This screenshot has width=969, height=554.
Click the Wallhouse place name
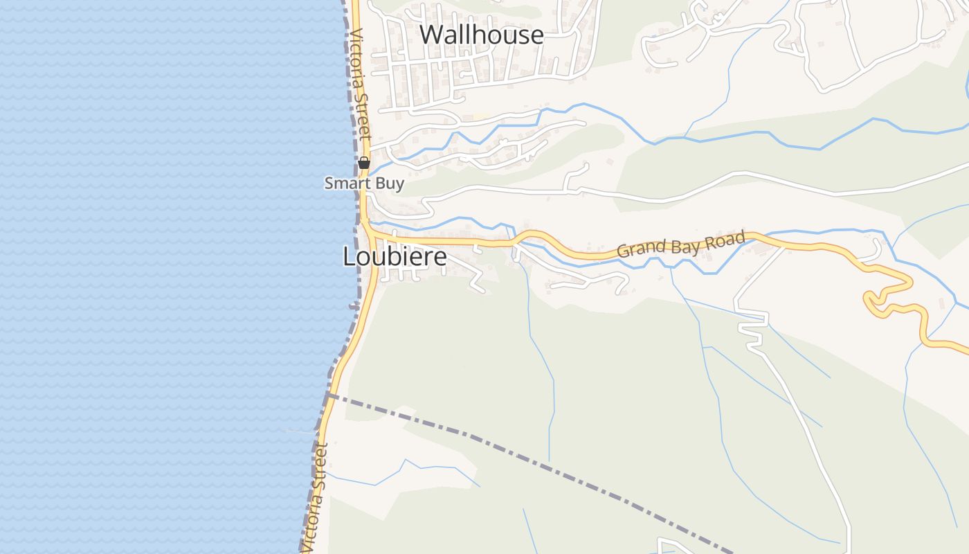click(x=482, y=35)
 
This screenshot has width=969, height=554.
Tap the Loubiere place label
click(x=395, y=257)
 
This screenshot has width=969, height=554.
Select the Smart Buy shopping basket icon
click(x=364, y=163)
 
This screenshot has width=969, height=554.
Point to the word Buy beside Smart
click(x=390, y=184)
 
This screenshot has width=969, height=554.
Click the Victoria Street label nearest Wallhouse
click(x=360, y=83)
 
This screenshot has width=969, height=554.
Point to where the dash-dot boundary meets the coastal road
click(x=330, y=395)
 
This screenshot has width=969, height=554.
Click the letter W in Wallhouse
click(x=431, y=35)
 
